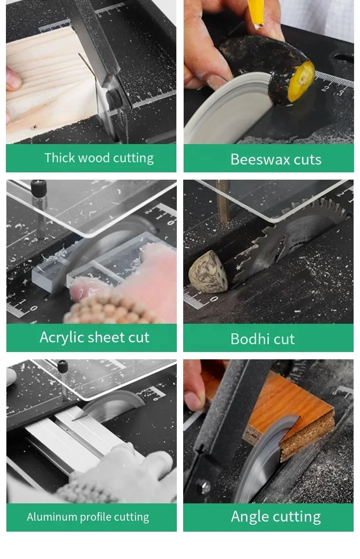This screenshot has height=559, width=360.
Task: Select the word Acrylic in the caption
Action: coord(61,337)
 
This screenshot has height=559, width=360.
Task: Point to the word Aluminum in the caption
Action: coord(52,517)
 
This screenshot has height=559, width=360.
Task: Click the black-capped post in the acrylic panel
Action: coord(39,189)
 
